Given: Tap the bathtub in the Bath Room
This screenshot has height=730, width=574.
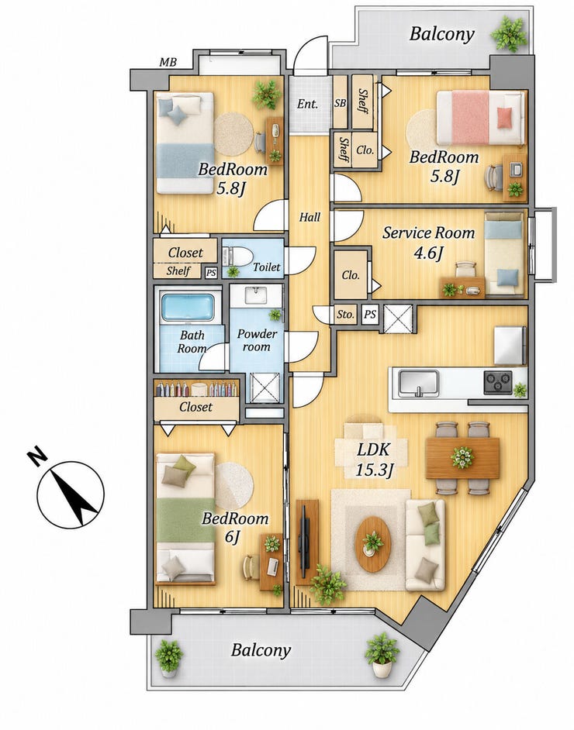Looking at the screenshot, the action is [187, 308].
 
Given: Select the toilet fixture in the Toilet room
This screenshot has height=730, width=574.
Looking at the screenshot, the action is [237, 257].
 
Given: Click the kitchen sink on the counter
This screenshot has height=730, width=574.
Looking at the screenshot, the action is [418, 383].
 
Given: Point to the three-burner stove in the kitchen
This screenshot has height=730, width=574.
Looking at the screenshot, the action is [498, 382].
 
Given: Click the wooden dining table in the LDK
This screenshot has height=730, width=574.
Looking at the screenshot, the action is [462, 458].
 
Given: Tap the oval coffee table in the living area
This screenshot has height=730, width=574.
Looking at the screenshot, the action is [373, 544].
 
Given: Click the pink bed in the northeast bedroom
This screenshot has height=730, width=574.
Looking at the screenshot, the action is [480, 117].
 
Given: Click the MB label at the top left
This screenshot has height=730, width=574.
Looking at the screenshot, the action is [168, 61].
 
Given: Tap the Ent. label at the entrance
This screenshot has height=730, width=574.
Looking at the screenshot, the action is [307, 103].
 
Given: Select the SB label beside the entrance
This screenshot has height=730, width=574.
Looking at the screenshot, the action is [341, 103].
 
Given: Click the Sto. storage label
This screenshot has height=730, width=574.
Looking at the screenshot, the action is [346, 315].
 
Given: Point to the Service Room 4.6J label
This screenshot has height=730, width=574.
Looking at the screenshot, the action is [429, 242].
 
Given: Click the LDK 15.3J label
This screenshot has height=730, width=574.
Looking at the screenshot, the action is [374, 460].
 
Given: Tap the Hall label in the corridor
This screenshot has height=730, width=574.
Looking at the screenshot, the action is [309, 217].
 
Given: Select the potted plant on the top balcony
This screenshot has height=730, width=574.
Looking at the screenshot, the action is [510, 33].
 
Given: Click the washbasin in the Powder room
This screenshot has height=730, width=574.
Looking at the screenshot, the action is [255, 295].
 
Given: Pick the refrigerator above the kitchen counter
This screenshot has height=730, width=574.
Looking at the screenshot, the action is [510, 345].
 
